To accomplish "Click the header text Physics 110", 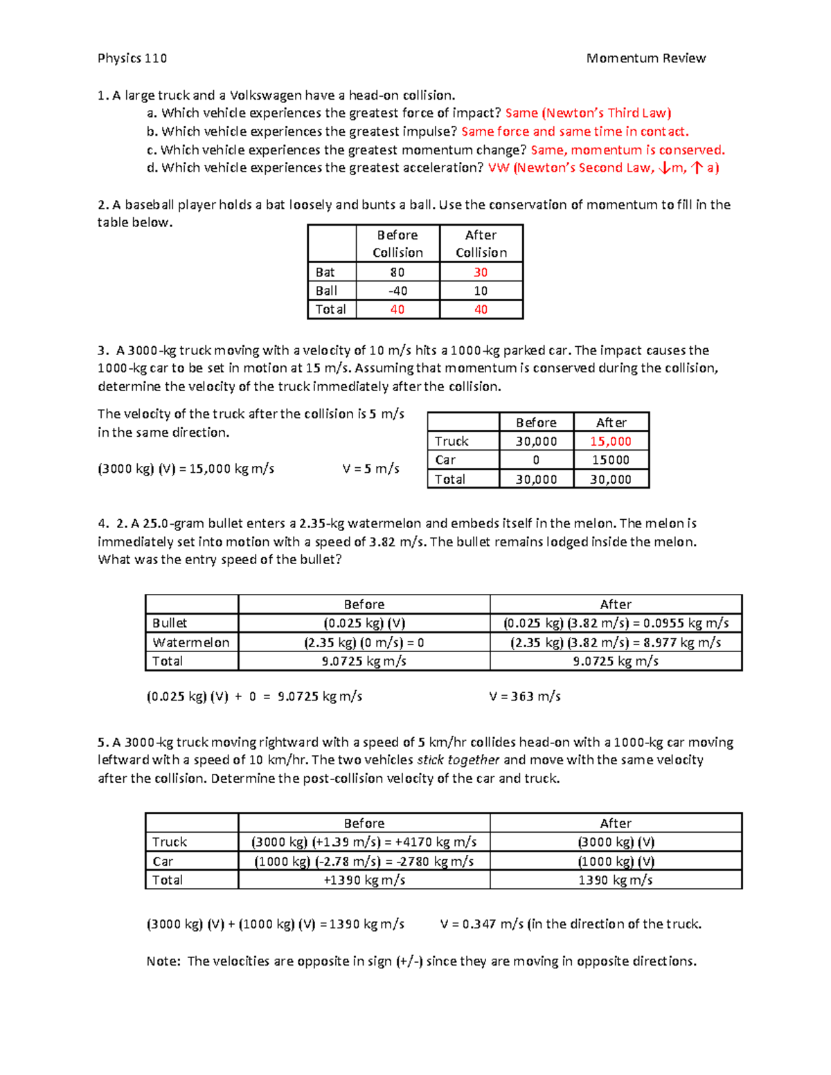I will (x=132, y=58).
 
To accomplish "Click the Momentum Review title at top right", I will (x=645, y=58).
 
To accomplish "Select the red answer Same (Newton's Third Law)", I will (x=588, y=113).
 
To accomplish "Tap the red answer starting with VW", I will (x=603, y=168).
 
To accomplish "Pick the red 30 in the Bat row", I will (x=481, y=272).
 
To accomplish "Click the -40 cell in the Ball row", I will (x=397, y=291).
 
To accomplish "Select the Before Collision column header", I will (x=397, y=244).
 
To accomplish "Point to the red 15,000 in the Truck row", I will (x=610, y=441).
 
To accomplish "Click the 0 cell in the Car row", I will (x=536, y=460).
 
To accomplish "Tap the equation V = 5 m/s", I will (x=370, y=469).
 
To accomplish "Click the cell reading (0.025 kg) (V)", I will (x=364, y=623).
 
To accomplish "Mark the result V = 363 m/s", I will (x=524, y=696).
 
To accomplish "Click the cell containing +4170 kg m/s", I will (x=364, y=842).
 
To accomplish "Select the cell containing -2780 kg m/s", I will (x=364, y=861).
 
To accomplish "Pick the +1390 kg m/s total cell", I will (x=364, y=880).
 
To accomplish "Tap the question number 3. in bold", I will (x=103, y=350).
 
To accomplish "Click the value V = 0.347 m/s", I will (x=482, y=924).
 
